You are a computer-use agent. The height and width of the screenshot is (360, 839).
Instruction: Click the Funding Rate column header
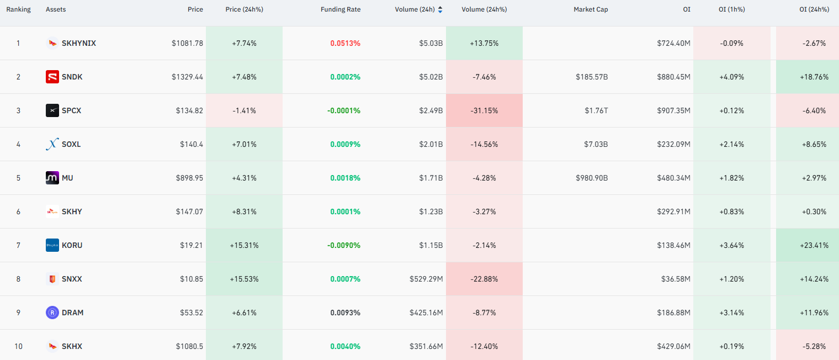pos(341,9)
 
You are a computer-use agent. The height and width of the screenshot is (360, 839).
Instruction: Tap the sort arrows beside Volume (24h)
pos(440,10)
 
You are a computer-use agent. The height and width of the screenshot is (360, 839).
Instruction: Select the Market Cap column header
pos(591,9)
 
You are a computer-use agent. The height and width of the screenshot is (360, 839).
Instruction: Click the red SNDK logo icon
pos(52,77)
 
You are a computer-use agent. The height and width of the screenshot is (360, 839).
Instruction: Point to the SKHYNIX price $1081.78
pos(187,43)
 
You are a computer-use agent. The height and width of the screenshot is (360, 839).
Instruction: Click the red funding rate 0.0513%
pos(345,43)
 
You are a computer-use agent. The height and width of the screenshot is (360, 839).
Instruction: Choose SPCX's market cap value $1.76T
pos(596,110)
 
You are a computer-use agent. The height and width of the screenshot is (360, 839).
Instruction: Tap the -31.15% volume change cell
pos(484,110)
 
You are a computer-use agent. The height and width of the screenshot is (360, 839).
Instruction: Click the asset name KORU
pos(72,245)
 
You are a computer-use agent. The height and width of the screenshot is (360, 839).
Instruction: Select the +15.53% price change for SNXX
pos(244,279)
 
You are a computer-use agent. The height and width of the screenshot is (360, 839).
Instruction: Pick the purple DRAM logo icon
pos(52,313)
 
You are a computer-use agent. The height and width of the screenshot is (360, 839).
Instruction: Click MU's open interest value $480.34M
pos(673,178)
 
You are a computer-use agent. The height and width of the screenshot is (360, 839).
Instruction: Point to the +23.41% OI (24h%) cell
pos(814,245)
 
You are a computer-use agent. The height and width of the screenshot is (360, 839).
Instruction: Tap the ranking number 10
pos(18,346)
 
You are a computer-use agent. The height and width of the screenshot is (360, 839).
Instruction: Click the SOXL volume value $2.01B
pos(431,144)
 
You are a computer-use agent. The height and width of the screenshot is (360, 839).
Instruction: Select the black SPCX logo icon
pos(52,110)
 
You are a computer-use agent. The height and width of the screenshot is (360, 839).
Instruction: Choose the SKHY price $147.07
pos(189,211)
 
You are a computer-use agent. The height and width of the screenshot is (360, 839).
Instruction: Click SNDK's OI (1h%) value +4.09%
pos(731,77)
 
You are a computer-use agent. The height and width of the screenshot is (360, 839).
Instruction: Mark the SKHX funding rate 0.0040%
pos(345,346)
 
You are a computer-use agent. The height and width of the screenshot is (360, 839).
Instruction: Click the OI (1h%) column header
pos(731,9)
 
